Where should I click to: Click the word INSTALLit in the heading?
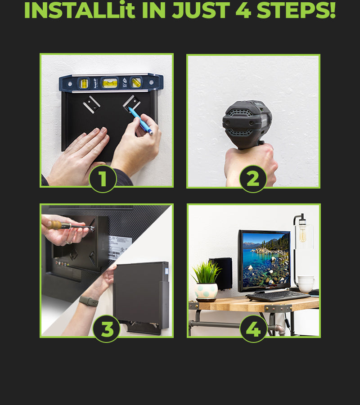click(x=80, y=10)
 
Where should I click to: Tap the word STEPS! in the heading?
click(x=296, y=10)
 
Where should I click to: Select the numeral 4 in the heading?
click(x=243, y=10)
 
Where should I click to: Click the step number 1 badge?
click(x=103, y=179)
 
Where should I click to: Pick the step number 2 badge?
click(x=253, y=179)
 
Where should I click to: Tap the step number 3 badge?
click(x=107, y=328)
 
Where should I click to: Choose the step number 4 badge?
click(x=253, y=328)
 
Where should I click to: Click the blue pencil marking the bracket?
click(x=140, y=121)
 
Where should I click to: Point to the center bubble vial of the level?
click(x=110, y=83)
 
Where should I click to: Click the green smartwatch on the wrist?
click(x=89, y=301)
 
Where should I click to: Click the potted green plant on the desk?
click(x=206, y=281)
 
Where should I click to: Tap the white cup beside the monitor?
click(x=306, y=283)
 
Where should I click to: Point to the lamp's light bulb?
click(x=302, y=234)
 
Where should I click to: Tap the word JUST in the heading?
click(x=201, y=10)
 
